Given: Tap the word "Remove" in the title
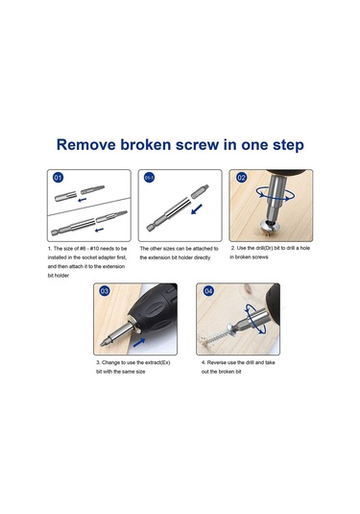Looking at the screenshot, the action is click(x=85, y=144).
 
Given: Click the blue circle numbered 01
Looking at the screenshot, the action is click(x=58, y=178).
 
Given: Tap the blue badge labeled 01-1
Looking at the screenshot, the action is click(x=149, y=178).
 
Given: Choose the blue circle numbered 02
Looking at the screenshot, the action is click(x=241, y=178).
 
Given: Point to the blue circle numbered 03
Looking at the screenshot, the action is click(x=105, y=291).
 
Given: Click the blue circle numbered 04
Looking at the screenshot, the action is click(x=208, y=291).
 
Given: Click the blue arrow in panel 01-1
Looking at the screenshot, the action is click(x=197, y=208).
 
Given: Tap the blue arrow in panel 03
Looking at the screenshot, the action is click(x=139, y=343).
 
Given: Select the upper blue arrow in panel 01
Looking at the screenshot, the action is click(x=83, y=199).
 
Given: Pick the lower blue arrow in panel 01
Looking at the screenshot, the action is click(x=99, y=230).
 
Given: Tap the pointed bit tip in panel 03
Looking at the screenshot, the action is click(x=105, y=343).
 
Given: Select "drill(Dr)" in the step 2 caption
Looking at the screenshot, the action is click(x=260, y=248).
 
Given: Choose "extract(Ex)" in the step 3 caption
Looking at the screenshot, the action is click(x=156, y=362).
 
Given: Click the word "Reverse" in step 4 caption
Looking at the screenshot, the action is click(x=216, y=362).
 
